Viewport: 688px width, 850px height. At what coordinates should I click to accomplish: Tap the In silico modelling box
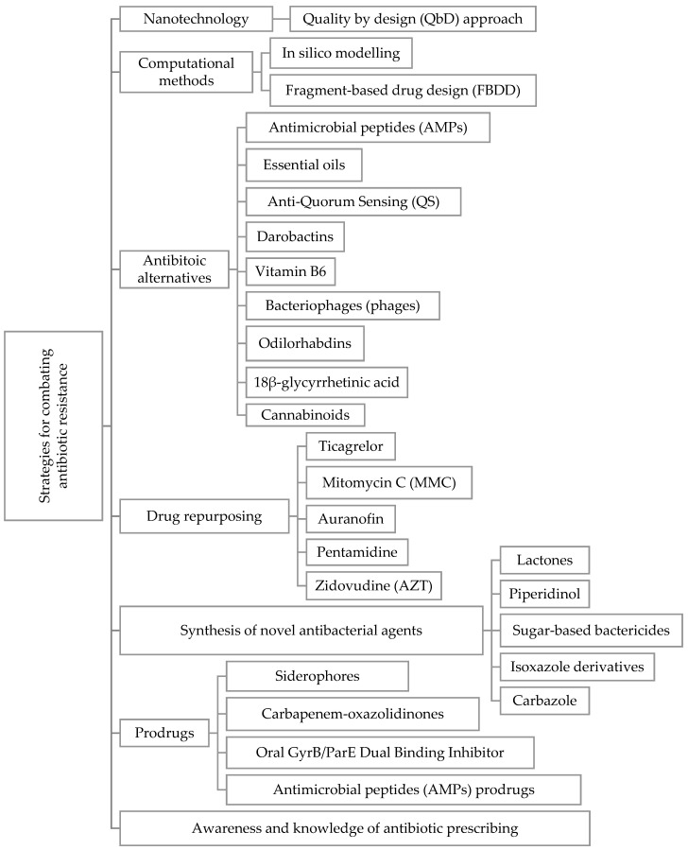pyautogui.click(x=340, y=53)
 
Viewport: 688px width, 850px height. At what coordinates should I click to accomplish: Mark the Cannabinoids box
pyautogui.click(x=304, y=415)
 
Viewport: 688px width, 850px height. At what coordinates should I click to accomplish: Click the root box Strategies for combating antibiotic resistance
pyautogui.click(x=53, y=425)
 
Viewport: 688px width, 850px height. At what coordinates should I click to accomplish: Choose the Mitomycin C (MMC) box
pyautogui.click(x=388, y=482)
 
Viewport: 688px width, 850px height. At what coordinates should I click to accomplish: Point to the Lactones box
pyautogui.click(x=544, y=561)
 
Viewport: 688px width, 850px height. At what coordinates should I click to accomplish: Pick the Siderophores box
pyautogui.click(x=318, y=676)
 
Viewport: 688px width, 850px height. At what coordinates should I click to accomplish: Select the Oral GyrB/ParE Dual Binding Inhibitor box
pyautogui.click(x=381, y=751)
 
